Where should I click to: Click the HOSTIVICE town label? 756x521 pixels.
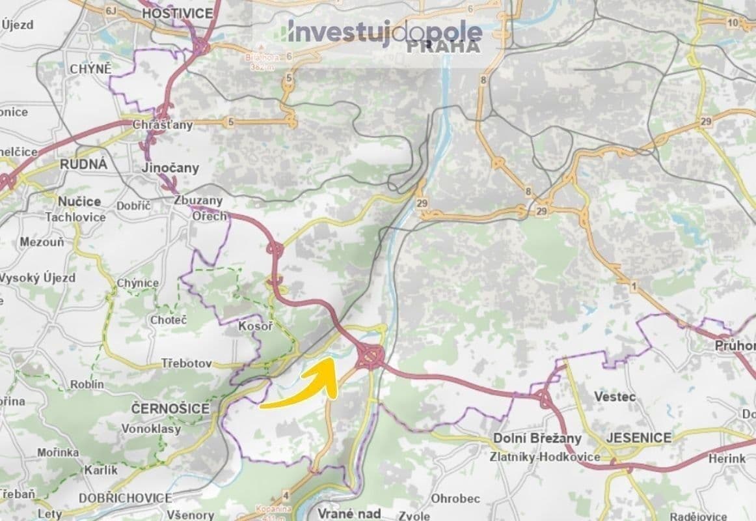(168, 13)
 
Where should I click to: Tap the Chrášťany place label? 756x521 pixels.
(163, 124)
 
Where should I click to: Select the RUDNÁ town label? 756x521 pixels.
(83, 164)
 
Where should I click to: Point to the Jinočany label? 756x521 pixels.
(170, 168)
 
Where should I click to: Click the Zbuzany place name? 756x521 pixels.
(198, 201)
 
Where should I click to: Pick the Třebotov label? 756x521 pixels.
(187, 364)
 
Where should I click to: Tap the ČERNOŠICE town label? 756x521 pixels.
(170, 408)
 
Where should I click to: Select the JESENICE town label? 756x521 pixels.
(638, 438)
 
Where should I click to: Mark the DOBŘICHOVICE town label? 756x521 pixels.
(125, 498)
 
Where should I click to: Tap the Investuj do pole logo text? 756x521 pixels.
(385, 31)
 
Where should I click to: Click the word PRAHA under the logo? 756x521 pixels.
(443, 47)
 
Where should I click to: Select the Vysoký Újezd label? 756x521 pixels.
(38, 278)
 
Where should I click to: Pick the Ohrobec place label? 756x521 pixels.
(455, 499)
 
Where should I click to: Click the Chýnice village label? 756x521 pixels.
(137, 283)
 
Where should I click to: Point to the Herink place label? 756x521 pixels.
(727, 458)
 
